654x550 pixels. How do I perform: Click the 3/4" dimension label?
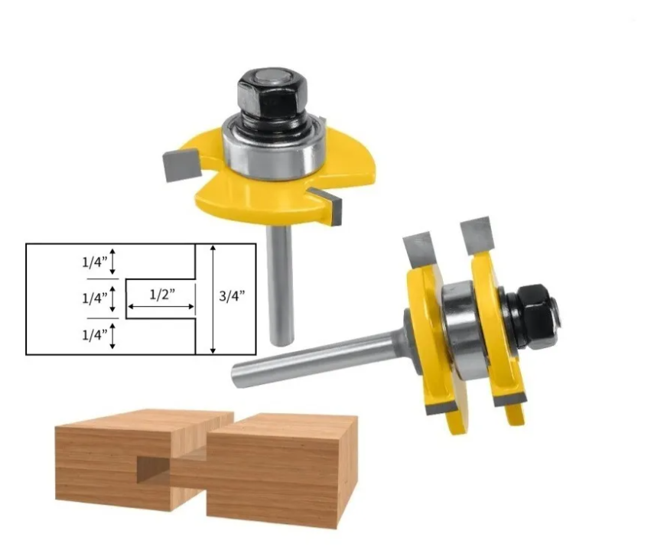point(232,296)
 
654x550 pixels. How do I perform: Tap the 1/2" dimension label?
point(162,295)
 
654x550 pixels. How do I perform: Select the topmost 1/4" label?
point(94,262)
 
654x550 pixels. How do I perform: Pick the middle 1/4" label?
point(94,298)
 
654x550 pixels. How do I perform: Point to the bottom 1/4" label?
point(94,334)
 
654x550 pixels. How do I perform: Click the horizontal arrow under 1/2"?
point(161,307)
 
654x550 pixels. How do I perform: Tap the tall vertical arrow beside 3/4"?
point(213,299)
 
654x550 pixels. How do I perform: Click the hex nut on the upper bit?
point(273,94)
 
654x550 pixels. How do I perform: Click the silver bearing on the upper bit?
point(274,150)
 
